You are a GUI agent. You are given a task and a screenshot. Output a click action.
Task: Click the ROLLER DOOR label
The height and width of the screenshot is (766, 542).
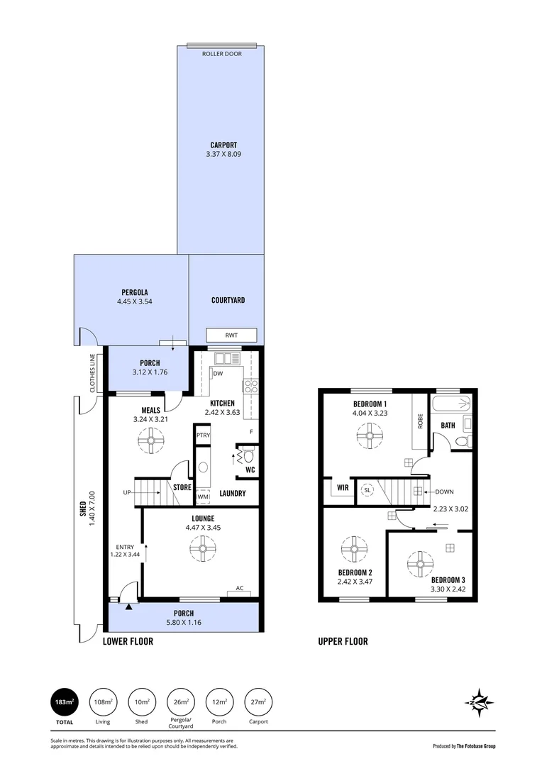click(222, 54)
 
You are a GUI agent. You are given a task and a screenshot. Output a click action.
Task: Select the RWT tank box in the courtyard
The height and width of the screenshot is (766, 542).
click(231, 334)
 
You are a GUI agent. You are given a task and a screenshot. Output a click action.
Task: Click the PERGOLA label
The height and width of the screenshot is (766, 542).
click(135, 292)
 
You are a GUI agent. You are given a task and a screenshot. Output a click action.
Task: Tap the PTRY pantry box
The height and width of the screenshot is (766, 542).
click(203, 435)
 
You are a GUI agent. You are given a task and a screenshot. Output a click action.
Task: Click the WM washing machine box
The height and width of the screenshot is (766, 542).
click(203, 496)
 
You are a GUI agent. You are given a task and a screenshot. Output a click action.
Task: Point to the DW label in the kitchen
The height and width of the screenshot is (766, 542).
click(218, 373)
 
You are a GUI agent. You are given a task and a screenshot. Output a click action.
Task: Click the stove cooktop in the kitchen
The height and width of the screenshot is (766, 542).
click(250, 387)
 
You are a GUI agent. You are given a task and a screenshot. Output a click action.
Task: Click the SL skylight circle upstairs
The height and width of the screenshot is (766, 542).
click(367, 489)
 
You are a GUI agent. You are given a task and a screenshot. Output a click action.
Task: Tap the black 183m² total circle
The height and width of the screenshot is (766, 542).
click(65, 702)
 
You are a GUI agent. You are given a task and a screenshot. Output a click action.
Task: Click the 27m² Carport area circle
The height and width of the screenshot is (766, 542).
click(258, 702)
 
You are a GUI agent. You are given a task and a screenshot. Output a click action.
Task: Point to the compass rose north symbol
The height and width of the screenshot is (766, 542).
click(480, 702)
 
